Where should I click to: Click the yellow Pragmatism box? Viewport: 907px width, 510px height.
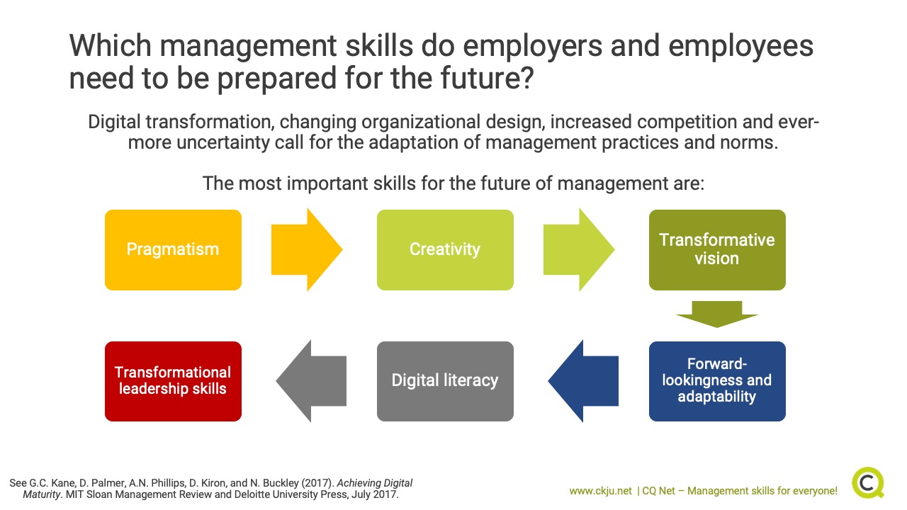[173, 250]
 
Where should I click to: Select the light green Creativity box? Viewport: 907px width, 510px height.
[445, 250]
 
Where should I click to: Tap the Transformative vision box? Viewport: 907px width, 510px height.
[717, 250]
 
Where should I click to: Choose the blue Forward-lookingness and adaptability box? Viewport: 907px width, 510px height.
[717, 381]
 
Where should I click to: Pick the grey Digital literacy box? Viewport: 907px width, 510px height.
[445, 381]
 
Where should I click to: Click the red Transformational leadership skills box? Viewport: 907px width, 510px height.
[173, 381]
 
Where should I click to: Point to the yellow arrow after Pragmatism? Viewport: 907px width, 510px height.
[307, 250]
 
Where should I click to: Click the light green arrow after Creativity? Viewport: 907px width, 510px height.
[579, 250]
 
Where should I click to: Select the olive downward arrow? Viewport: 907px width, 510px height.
[717, 314]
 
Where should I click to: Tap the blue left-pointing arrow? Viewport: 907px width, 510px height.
[583, 381]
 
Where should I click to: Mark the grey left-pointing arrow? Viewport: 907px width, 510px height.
[311, 381]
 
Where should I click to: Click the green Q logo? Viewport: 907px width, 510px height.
[868, 482]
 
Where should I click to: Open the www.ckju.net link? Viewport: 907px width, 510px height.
[600, 491]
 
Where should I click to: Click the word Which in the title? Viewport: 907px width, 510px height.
[110, 45]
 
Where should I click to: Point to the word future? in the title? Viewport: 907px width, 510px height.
[487, 78]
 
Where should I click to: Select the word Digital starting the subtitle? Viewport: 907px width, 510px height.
[114, 123]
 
